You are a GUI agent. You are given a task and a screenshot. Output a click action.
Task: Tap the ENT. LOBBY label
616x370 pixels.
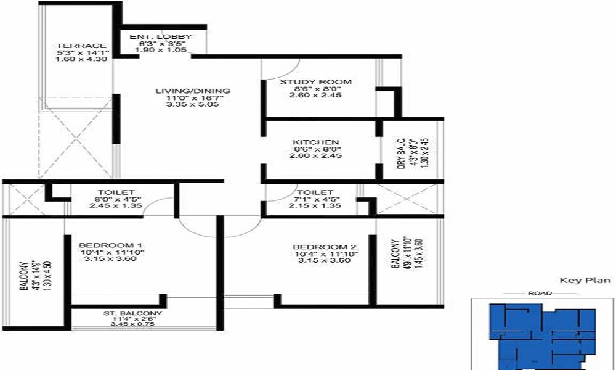(161, 37)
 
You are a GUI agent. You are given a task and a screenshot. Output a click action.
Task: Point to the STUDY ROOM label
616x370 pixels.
(315, 81)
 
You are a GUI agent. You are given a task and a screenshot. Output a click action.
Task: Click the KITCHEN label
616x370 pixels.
(315, 142)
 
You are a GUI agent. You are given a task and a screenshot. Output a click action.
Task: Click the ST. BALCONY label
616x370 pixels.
(132, 313)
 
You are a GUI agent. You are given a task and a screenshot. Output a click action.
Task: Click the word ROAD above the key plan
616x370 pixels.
(536, 294)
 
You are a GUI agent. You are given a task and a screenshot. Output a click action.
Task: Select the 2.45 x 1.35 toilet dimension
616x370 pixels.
(111, 206)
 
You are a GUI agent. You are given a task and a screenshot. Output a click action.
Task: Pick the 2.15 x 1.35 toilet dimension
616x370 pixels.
(315, 206)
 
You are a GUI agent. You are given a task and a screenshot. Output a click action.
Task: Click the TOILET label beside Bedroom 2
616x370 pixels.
(315, 192)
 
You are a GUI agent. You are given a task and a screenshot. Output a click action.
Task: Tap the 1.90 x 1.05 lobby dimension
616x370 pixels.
(160, 50)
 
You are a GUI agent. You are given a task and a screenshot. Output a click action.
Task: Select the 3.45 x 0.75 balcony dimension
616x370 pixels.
(132, 324)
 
